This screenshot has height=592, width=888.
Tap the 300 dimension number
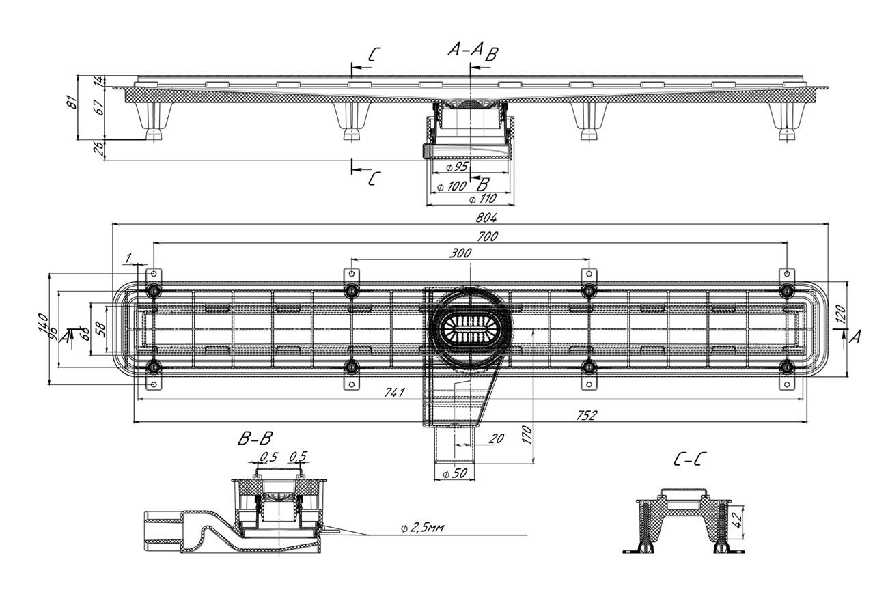pos(461,253)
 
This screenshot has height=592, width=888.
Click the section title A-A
pos(465,48)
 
